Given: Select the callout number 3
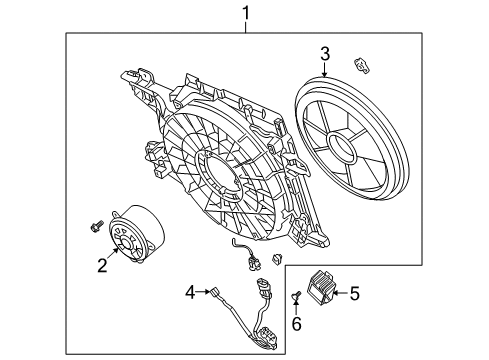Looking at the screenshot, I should (x=325, y=52).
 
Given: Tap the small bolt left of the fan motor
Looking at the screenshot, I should (x=95, y=224).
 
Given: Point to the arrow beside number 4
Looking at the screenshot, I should (x=203, y=292).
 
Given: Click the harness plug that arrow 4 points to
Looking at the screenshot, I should (x=215, y=293).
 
